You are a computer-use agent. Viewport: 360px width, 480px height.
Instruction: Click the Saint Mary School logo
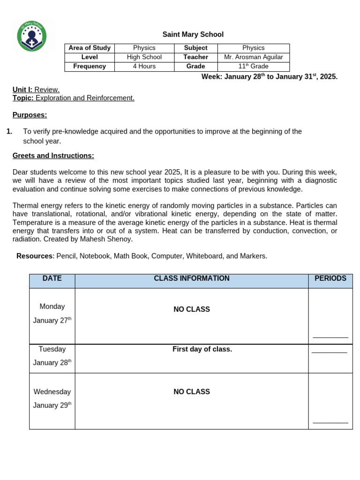tap(32, 36)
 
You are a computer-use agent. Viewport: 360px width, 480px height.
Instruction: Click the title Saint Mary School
tap(193, 35)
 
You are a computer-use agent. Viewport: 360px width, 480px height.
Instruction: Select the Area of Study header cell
tap(90, 48)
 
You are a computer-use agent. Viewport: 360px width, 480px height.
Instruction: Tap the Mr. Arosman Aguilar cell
tap(253, 57)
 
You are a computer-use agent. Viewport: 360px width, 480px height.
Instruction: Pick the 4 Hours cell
tap(144, 67)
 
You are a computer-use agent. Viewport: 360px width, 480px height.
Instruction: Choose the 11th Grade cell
tap(253, 67)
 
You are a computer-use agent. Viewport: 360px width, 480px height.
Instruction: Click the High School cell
tap(144, 57)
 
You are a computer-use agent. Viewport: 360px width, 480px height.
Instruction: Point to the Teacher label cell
tap(195, 57)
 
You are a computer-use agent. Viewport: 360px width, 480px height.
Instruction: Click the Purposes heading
tap(30, 115)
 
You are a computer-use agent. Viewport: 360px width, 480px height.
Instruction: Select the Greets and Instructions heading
tap(53, 156)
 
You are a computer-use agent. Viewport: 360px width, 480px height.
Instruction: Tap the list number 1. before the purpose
tap(9, 132)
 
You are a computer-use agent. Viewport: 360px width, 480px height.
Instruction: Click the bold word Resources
tap(35, 256)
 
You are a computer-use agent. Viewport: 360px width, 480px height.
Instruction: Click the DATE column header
tap(52, 278)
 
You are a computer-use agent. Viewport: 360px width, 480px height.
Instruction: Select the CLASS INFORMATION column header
tap(191, 278)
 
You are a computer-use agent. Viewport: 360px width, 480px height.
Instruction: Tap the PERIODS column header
tap(330, 278)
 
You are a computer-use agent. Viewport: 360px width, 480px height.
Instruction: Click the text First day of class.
tap(202, 349)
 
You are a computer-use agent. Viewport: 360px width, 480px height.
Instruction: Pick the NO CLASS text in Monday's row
tap(191, 309)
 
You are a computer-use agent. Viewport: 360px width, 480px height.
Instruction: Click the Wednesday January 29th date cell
tap(52, 398)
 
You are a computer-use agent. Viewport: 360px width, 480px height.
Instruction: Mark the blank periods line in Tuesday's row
tap(330, 352)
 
